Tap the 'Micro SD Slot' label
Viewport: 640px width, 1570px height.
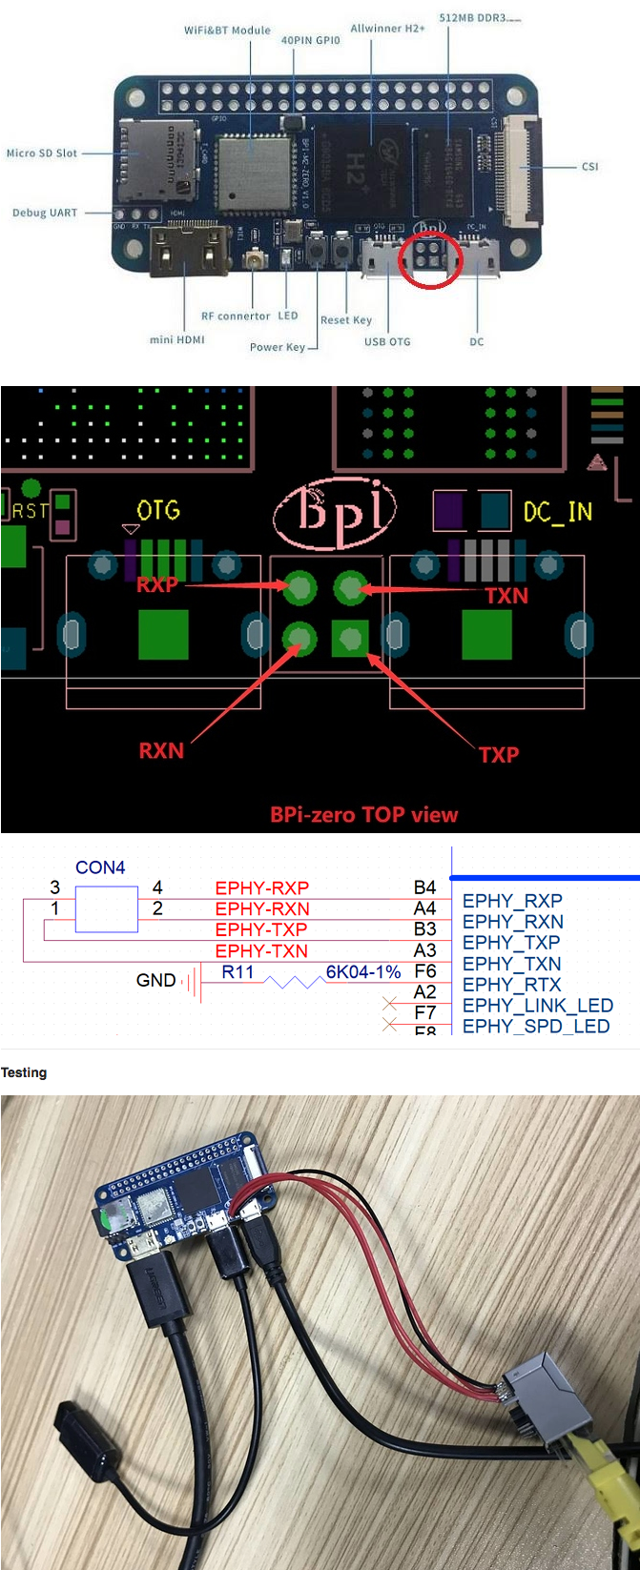pyautogui.click(x=42, y=153)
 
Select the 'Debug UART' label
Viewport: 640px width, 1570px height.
pyautogui.click(x=45, y=213)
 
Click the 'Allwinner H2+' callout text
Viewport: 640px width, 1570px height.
pyautogui.click(x=387, y=29)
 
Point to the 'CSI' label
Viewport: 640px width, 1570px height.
pyautogui.click(x=589, y=167)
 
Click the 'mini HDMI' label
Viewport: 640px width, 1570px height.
pyautogui.click(x=177, y=339)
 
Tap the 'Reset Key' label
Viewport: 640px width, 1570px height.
pyautogui.click(x=346, y=320)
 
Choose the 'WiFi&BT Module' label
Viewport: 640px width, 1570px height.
pyautogui.click(x=227, y=31)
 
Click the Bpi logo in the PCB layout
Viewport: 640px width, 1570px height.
pyautogui.click(x=334, y=511)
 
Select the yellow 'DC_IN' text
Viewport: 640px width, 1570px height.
pyautogui.click(x=558, y=513)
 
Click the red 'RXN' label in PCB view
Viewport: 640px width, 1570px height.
pyautogui.click(x=161, y=751)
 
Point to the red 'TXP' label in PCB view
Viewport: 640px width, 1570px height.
pyautogui.click(x=499, y=755)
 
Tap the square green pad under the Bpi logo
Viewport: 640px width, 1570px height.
pyautogui.click(x=349, y=638)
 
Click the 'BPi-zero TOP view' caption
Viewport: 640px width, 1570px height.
pyautogui.click(x=363, y=815)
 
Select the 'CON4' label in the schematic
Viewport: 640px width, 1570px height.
pyautogui.click(x=100, y=867)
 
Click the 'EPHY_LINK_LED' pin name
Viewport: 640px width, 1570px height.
pyautogui.click(x=537, y=1006)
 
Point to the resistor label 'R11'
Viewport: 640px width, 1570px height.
pyautogui.click(x=237, y=971)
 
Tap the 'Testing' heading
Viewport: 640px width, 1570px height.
pyautogui.click(x=24, y=1072)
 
